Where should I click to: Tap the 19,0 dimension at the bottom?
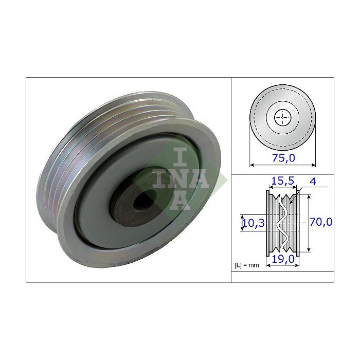(x=283, y=260)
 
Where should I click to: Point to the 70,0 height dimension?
(x=321, y=222)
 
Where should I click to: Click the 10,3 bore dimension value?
(x=250, y=222)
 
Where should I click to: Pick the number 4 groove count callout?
(x=313, y=182)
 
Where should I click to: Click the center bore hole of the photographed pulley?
(x=142, y=201)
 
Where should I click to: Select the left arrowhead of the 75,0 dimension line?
(x=251, y=165)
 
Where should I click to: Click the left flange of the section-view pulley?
(x=267, y=222)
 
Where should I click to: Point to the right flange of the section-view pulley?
(x=299, y=222)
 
